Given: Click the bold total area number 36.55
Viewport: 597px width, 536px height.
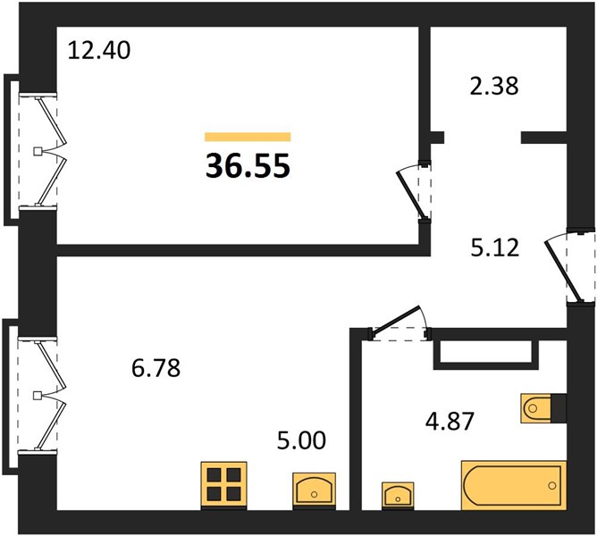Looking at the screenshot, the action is [248, 166].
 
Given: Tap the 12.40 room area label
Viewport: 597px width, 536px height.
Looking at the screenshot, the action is [99, 50].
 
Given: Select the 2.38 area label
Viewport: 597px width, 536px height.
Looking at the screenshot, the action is [494, 86].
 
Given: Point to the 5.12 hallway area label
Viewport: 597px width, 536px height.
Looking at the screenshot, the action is [495, 247].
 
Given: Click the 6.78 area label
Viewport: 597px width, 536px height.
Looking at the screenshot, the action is [156, 368].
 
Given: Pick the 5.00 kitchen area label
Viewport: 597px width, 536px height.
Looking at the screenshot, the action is [301, 440].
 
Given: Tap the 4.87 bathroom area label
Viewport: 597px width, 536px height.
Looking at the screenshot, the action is [450, 422].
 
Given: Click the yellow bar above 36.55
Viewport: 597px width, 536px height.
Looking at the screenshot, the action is [248, 137].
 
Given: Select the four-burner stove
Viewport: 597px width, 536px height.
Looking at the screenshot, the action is [223, 486].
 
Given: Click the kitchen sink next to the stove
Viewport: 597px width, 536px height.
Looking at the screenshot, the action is [314, 491].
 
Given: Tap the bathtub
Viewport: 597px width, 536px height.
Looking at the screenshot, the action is [514, 485].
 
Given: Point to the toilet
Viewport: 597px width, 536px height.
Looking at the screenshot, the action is [536, 408].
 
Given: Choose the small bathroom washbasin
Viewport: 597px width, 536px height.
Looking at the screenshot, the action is [398, 496].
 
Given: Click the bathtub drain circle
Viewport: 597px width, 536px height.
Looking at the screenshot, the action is [552, 485].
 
